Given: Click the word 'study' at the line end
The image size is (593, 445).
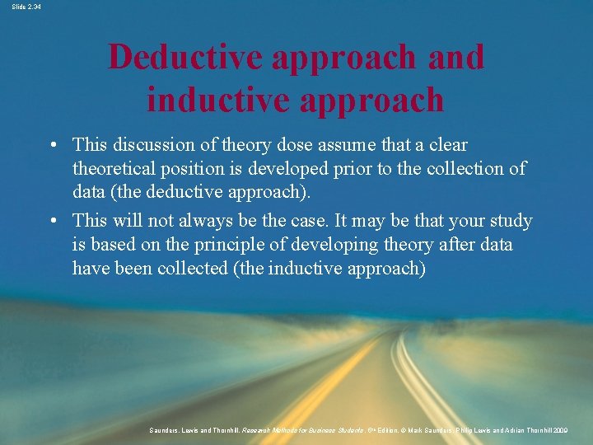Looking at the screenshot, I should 511,221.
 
